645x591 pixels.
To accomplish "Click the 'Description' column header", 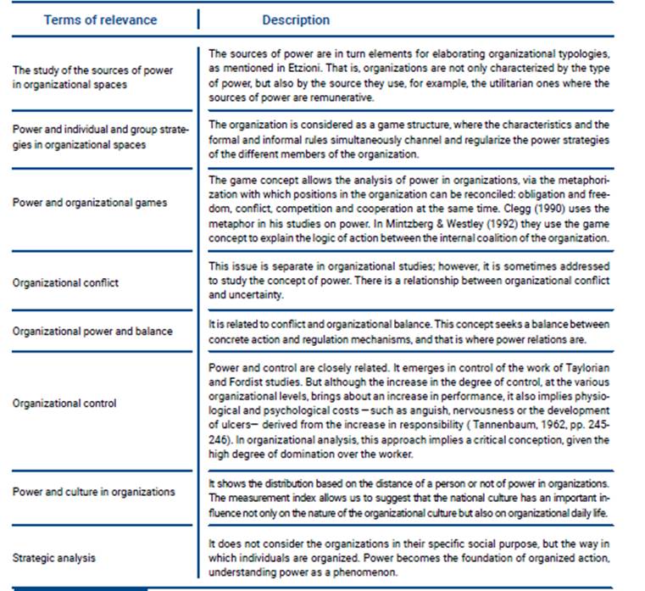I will pos(296,20).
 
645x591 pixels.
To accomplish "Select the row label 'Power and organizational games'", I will pos(90,203).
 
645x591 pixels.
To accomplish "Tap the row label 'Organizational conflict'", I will pos(65,283).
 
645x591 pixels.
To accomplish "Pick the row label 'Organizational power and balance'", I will pos(92,332).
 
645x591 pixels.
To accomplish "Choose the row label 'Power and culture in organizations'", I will pos(93,492).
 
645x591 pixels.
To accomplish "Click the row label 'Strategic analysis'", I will pos(54,558).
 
